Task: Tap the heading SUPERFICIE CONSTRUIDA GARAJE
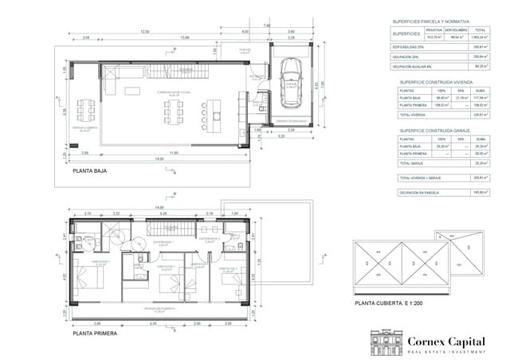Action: coord(433,130)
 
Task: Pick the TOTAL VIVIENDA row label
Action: coord(412,114)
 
